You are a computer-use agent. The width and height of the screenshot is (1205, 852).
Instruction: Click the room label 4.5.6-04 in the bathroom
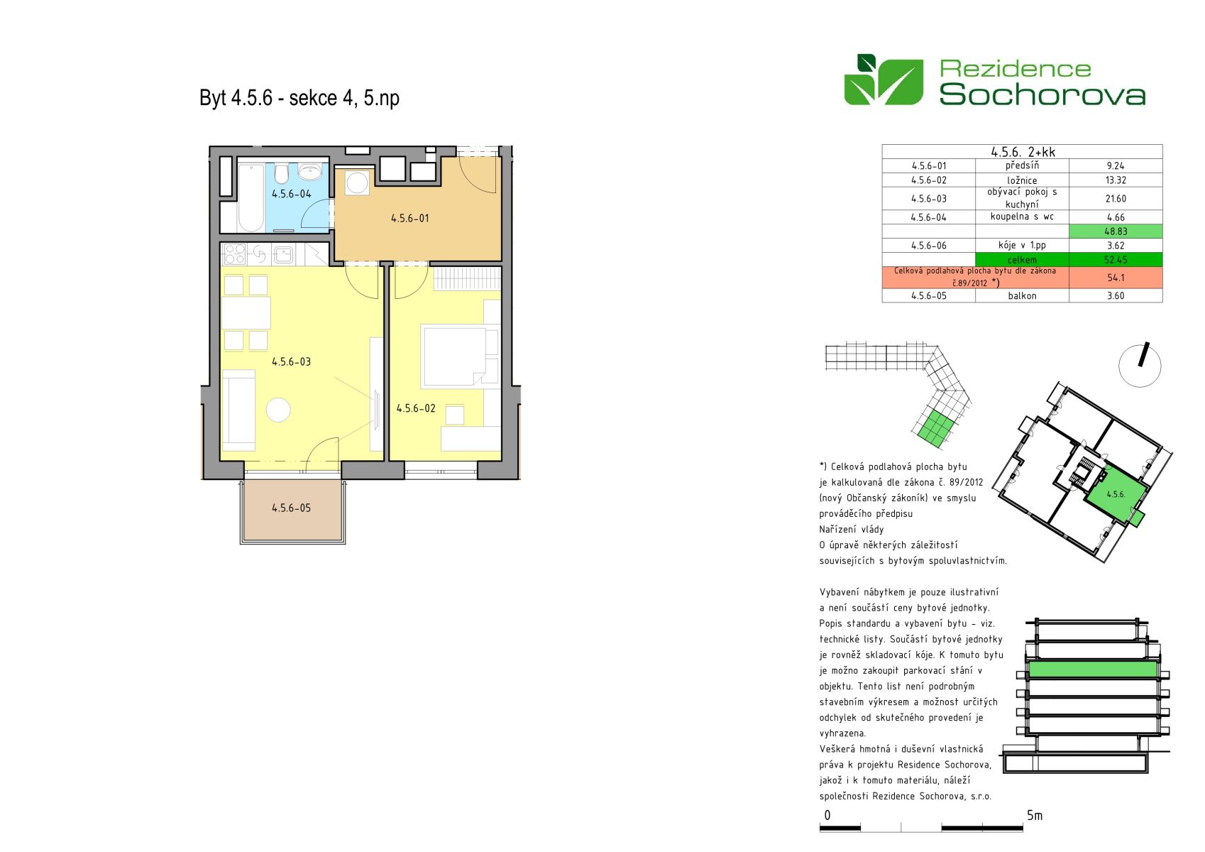(x=291, y=194)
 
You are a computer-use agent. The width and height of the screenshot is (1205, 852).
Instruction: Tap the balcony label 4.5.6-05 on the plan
(x=291, y=508)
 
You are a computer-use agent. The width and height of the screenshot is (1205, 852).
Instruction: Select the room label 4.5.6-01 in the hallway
(x=410, y=218)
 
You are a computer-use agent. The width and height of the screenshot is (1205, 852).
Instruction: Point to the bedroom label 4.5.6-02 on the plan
(x=416, y=408)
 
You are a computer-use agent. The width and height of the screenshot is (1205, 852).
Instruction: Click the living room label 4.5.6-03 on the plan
(x=291, y=361)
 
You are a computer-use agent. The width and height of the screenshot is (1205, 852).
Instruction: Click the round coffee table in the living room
(x=278, y=410)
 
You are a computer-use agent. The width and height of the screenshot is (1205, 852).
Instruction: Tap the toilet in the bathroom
(x=281, y=173)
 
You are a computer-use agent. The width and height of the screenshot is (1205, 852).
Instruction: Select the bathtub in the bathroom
(x=251, y=197)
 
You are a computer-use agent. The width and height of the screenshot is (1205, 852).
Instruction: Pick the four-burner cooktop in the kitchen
(x=235, y=254)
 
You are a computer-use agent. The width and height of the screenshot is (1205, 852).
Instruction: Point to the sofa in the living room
(x=238, y=410)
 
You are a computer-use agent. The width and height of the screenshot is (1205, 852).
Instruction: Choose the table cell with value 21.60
(x=1116, y=199)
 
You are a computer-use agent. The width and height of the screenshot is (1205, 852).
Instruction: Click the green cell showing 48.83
(x=1116, y=231)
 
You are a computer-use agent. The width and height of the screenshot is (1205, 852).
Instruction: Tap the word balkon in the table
(x=1022, y=295)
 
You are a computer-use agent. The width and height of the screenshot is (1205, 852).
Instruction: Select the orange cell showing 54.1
(x=1116, y=278)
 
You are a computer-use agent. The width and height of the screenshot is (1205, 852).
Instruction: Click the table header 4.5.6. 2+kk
(x=1023, y=152)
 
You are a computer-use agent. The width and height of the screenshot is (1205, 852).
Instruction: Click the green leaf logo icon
(x=884, y=80)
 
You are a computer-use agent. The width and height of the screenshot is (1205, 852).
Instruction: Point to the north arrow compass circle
(x=1140, y=366)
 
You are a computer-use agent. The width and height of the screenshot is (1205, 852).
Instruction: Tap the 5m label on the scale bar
(x=1035, y=815)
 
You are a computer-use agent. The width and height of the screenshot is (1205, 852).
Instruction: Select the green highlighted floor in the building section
(x=1093, y=669)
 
